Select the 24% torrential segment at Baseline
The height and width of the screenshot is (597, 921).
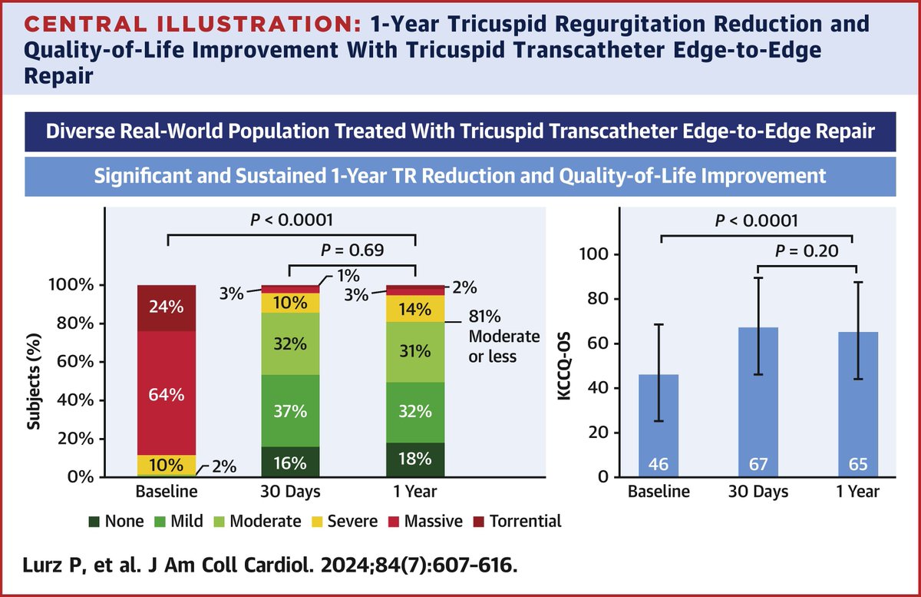167,308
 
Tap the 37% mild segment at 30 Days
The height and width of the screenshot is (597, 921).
290,410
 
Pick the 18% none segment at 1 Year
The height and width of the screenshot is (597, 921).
414,459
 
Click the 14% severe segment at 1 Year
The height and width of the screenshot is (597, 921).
414,310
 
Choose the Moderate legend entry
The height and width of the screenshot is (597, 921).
264,522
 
